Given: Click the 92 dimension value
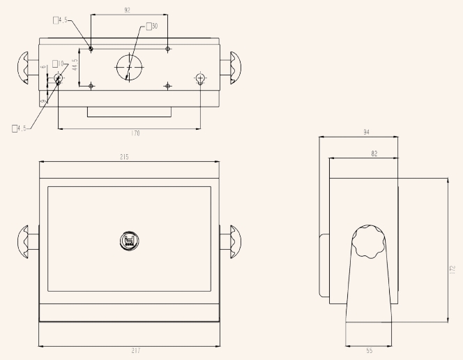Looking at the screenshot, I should (x=127, y=10).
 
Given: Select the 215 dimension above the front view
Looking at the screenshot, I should (x=124, y=158).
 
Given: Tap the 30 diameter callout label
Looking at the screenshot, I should (x=153, y=27).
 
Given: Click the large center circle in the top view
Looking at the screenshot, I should (x=129, y=67).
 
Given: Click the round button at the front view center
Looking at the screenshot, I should (x=128, y=241).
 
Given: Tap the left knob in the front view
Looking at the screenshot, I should (x=25, y=241).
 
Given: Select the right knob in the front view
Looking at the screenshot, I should (x=231, y=241).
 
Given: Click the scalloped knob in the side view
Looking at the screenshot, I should (x=367, y=243).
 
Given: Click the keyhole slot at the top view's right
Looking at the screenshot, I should (x=201, y=78).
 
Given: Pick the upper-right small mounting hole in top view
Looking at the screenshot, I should (x=168, y=48).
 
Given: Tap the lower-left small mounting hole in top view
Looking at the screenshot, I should (x=91, y=85).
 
